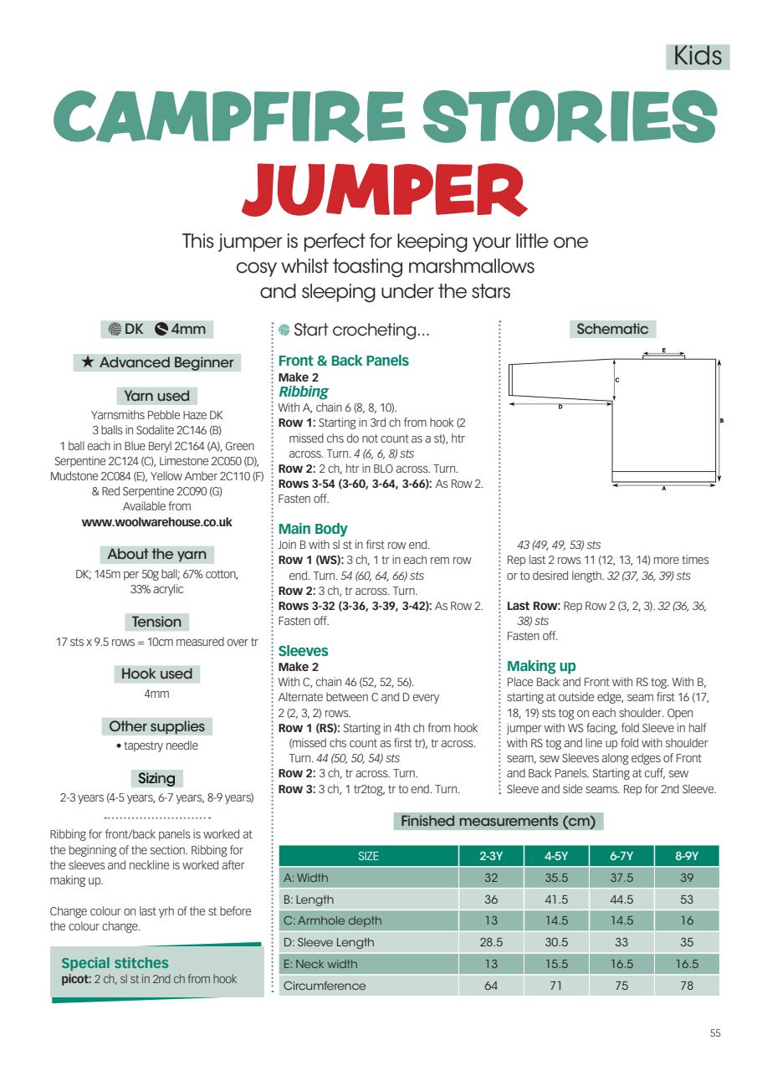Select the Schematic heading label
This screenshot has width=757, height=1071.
tap(612, 329)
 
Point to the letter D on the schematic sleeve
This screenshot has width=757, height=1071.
tap(560, 407)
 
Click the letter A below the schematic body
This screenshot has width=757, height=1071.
tap(663, 489)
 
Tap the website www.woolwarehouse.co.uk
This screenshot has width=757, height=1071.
tap(156, 521)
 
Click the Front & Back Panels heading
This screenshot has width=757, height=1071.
tap(344, 361)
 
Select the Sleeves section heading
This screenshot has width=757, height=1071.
tap(303, 650)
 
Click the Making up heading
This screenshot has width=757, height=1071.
tap(541, 666)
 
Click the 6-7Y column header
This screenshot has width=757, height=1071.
tap(621, 856)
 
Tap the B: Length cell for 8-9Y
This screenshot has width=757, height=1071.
tap(686, 899)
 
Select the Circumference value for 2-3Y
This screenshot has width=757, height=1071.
tap(491, 986)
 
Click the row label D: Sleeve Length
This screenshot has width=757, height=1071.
tap(321, 942)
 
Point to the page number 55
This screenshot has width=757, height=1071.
tap(714, 1033)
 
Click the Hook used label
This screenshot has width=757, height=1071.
tap(156, 674)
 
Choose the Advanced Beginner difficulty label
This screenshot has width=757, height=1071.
tap(156, 362)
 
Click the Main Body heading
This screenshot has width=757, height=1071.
tap(313, 529)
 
